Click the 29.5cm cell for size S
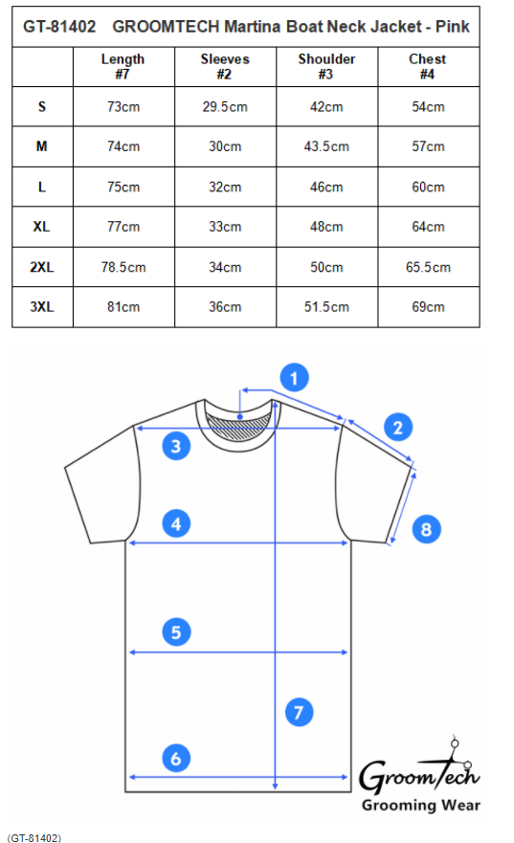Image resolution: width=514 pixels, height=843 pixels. (x=225, y=107)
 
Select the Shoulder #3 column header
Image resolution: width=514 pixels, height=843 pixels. (x=326, y=67)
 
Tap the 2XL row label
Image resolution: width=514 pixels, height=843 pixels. (x=42, y=267)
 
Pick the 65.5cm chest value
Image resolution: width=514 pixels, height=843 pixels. (x=428, y=267)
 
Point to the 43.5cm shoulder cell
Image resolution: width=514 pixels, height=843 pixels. (x=326, y=146)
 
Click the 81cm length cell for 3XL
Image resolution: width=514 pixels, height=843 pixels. (x=123, y=307)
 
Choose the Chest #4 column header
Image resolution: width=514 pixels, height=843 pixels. (x=428, y=67)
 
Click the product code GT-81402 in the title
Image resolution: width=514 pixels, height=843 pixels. (x=59, y=27)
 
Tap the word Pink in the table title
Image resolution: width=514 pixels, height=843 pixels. (x=453, y=27)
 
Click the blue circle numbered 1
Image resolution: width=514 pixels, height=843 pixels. (x=294, y=378)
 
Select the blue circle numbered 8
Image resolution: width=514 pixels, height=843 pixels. (x=426, y=529)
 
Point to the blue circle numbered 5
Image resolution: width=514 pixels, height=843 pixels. (x=176, y=632)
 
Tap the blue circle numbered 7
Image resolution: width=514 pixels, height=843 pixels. (x=299, y=712)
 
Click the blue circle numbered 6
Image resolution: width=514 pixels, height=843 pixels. (x=176, y=759)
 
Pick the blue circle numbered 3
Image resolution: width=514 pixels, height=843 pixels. (x=176, y=446)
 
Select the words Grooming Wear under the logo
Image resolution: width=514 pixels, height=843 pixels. (x=421, y=806)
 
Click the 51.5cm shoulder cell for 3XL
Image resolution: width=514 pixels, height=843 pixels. (x=326, y=307)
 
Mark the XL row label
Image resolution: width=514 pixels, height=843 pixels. (x=42, y=227)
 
